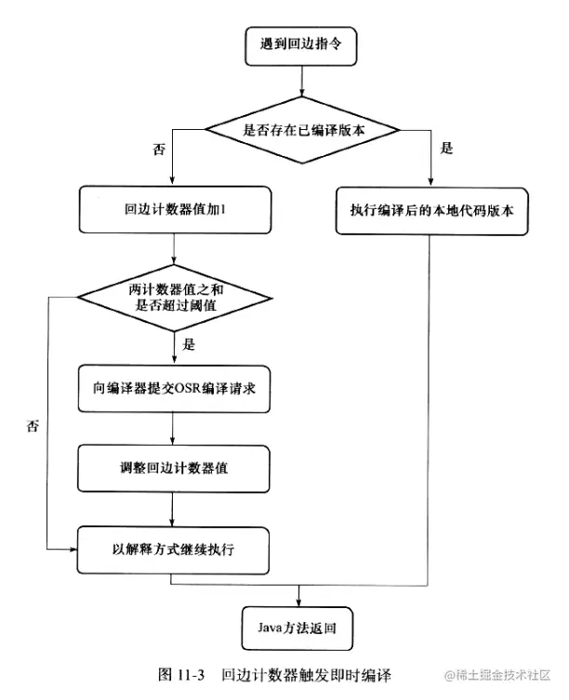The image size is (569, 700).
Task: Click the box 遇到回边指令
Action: pos(299,43)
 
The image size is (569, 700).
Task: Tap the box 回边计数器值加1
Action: pos(175,211)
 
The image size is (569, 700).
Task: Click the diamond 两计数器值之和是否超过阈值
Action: pos(175,297)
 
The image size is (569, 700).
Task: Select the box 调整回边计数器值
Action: pos(175,468)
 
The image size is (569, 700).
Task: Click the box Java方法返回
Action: pos(299,630)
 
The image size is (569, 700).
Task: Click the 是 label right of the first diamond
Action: pos(446,149)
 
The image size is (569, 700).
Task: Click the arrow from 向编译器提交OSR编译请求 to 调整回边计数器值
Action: pos(175,429)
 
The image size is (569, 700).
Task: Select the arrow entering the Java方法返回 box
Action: pos(299,596)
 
